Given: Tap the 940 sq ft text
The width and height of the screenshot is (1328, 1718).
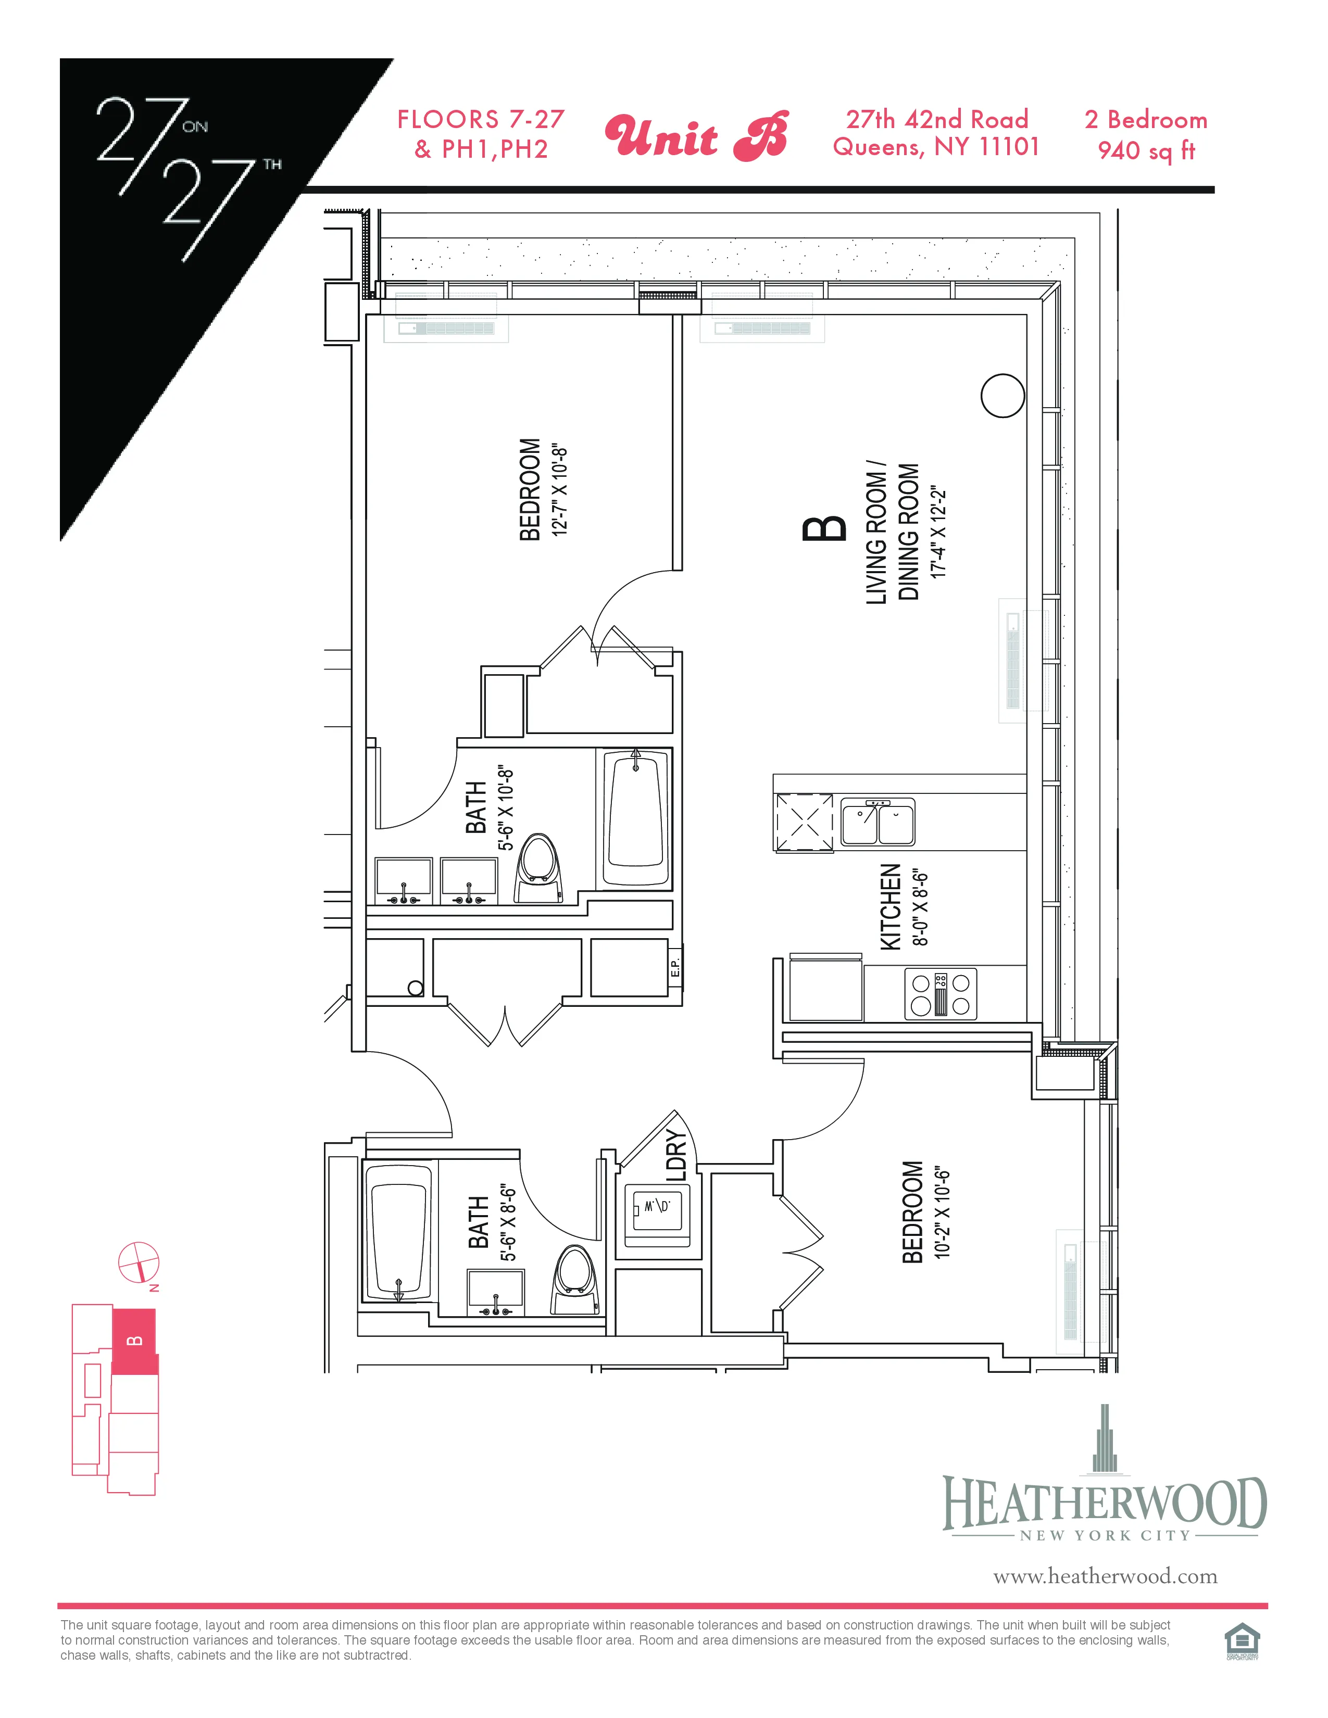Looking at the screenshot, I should pyautogui.click(x=1146, y=150).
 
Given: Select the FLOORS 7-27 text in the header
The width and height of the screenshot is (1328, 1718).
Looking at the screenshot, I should pyautogui.click(x=481, y=120).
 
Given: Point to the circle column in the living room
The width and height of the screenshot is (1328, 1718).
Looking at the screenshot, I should pyautogui.click(x=1003, y=395).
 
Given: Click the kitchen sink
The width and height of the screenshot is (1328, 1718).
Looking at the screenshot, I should pyautogui.click(x=877, y=823).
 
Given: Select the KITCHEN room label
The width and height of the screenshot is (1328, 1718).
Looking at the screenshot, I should pyautogui.click(x=890, y=906).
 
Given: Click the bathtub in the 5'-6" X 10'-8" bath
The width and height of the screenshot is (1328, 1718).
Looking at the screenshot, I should pyautogui.click(x=636, y=819).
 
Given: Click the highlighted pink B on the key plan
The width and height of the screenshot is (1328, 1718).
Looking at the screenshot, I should pyautogui.click(x=134, y=1341).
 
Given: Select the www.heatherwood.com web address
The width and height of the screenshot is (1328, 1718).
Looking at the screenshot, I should pyautogui.click(x=1105, y=1576).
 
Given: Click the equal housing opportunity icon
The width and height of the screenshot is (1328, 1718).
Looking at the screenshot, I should pyautogui.click(x=1242, y=1643).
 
